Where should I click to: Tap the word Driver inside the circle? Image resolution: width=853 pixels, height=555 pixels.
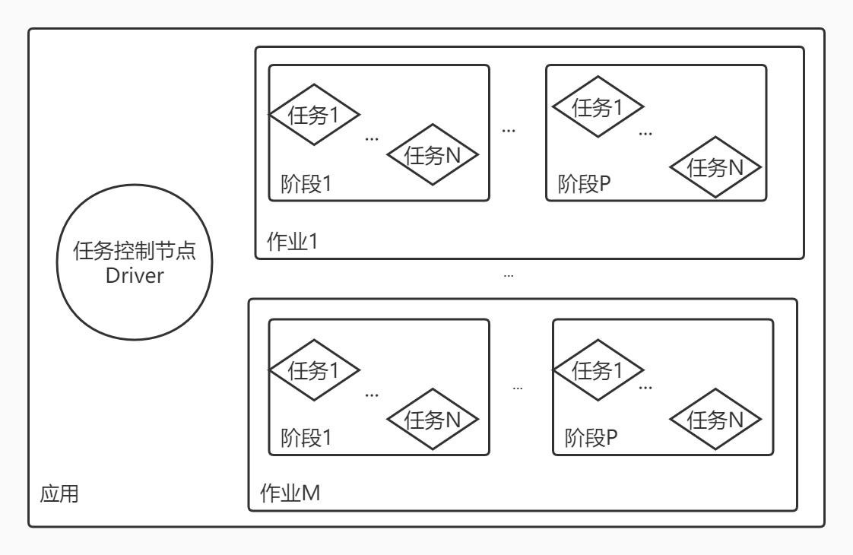click(x=134, y=275)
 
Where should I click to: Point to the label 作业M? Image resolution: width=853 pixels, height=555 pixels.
click(x=290, y=493)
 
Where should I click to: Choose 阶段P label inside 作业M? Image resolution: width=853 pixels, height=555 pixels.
click(x=591, y=438)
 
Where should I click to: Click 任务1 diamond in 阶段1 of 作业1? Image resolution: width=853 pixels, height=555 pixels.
click(x=314, y=115)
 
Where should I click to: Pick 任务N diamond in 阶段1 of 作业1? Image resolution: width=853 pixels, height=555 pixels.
click(x=433, y=155)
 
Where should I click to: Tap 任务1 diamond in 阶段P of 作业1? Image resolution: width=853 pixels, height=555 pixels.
click(x=598, y=107)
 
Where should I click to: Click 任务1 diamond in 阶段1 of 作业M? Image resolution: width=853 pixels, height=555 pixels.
click(x=314, y=369)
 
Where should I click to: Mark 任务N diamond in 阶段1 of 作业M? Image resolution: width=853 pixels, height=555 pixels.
click(x=433, y=419)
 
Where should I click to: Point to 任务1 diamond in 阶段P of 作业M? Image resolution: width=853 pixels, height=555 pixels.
click(x=598, y=370)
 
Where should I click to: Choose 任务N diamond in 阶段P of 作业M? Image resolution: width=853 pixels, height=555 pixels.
click(x=715, y=419)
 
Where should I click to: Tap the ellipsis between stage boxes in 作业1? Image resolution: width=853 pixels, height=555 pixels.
click(x=509, y=131)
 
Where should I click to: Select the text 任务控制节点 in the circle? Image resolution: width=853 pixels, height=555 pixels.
click(x=134, y=251)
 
